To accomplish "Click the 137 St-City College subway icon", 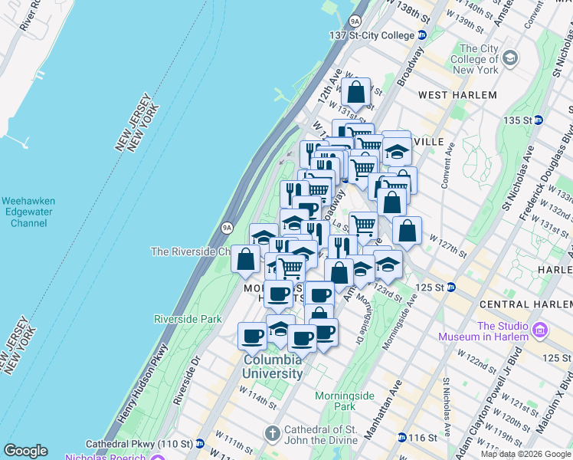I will click(x=421, y=35).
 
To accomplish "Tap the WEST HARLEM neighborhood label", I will click(x=457, y=95).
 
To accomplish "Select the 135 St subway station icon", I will click(x=539, y=120).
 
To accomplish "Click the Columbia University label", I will click(x=273, y=366).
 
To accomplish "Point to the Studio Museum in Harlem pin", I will click(x=541, y=330).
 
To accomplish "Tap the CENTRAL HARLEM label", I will click(x=516, y=305).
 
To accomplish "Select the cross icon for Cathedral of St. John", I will click(x=271, y=434).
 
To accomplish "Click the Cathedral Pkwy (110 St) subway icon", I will click(x=199, y=444).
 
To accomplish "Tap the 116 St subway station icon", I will click(x=402, y=438).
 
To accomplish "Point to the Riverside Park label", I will click(x=188, y=319).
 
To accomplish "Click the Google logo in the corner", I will click(x=25, y=451).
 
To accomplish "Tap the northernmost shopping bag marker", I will click(x=356, y=94).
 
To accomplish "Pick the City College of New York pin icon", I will click(x=511, y=58).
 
